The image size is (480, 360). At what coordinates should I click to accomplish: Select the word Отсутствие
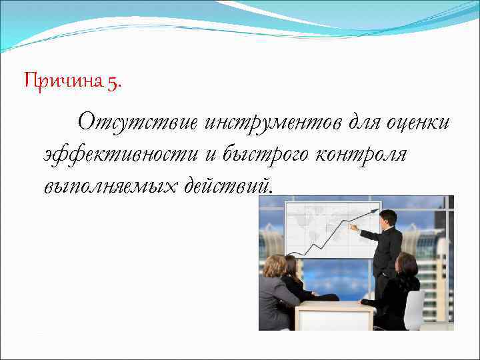pyautogui.click(x=137, y=122)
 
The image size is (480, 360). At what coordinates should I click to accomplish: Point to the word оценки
pyautogui.click(x=416, y=122)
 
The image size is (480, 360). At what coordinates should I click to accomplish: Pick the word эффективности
pyautogui.click(x=121, y=153)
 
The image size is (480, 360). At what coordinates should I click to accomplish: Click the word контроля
pyautogui.click(x=361, y=153)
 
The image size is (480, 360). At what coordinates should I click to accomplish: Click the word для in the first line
pyautogui.click(x=358, y=122)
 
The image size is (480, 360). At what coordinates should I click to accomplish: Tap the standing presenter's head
pyautogui.click(x=387, y=218)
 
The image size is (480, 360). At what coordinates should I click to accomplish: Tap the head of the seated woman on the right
pyautogui.click(x=406, y=264)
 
